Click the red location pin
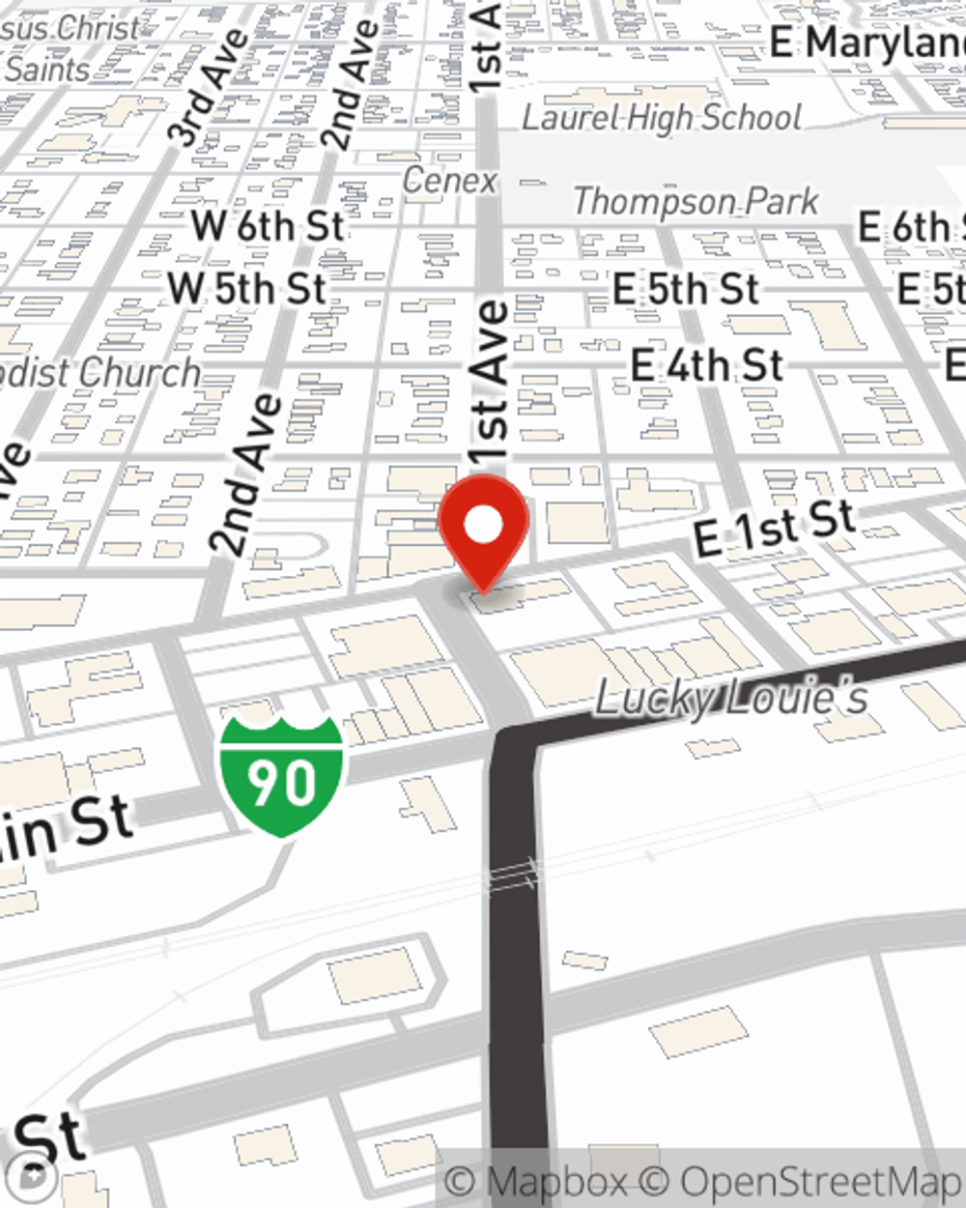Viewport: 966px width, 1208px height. (483, 528)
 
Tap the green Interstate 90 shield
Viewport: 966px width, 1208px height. (281, 776)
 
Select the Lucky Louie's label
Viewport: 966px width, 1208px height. (730, 697)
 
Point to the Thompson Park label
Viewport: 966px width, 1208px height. (696, 202)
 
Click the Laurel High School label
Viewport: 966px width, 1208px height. (662, 118)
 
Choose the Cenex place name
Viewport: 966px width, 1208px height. (449, 180)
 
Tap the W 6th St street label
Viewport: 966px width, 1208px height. (268, 226)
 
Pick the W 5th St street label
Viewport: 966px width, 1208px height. (247, 288)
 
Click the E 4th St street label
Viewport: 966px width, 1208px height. (707, 366)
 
